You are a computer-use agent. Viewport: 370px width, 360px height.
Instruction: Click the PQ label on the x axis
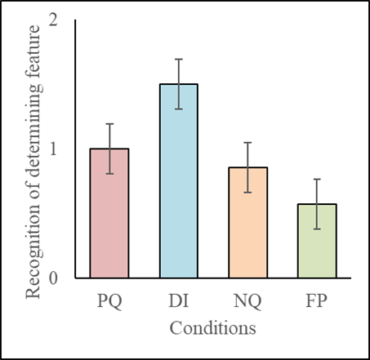click(109, 302)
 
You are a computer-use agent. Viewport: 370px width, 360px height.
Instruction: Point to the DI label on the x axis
click(178, 302)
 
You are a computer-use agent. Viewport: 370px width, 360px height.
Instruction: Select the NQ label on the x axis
click(247, 302)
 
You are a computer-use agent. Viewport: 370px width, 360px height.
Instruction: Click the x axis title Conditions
click(212, 328)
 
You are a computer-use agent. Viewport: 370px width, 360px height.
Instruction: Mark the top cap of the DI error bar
click(178, 59)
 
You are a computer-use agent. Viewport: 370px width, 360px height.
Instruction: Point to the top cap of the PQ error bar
click(109, 123)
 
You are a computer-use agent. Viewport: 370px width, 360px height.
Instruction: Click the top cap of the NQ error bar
click(247, 142)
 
